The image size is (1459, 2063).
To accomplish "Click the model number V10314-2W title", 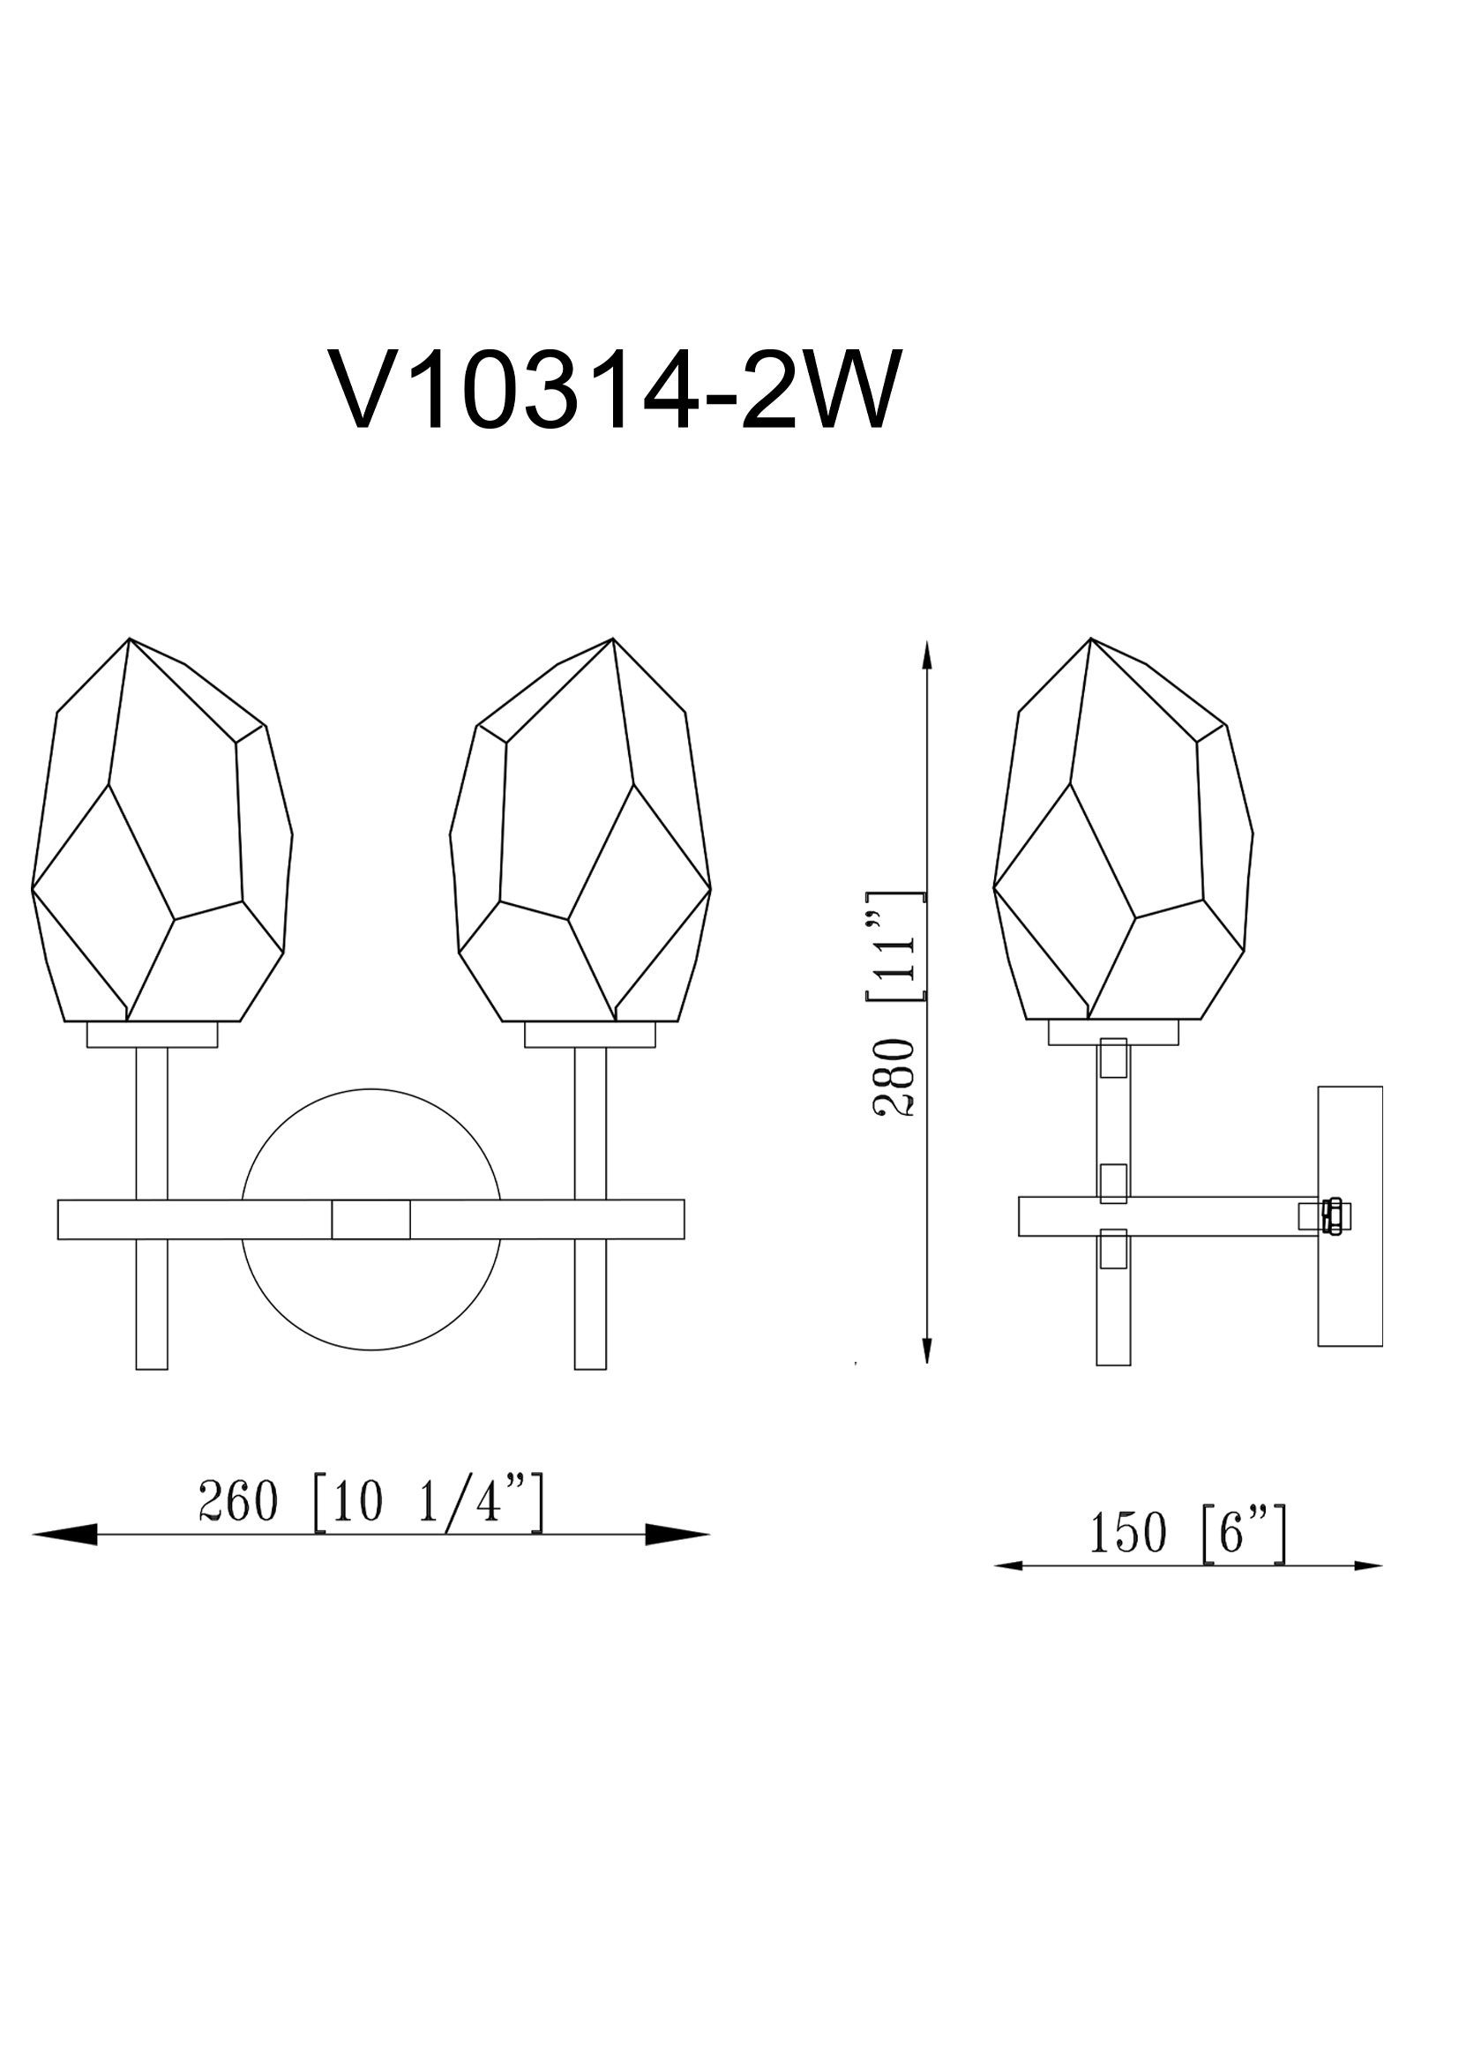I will pyautogui.click(x=615, y=391).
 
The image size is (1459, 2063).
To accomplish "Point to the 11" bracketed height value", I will pyautogui.click(x=894, y=946).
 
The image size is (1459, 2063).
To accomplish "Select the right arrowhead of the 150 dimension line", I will pyautogui.click(x=1368, y=1566).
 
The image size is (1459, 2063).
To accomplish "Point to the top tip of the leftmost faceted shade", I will pyautogui.click(x=130, y=639).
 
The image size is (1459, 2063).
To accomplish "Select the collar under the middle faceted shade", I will pyautogui.click(x=589, y=1035).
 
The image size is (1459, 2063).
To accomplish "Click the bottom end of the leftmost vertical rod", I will pyautogui.click(x=152, y=1384).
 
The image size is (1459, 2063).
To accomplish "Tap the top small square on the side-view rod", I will pyautogui.click(x=1113, y=1058).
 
